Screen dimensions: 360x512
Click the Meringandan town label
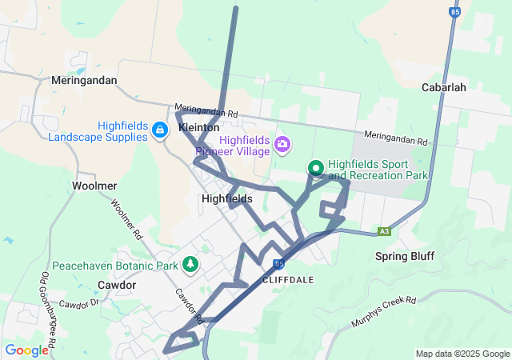(84, 81)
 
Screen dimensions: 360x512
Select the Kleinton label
(199, 128)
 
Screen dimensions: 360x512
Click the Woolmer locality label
(95, 186)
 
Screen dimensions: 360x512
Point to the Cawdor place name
(116, 285)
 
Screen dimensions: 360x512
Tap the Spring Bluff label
(405, 257)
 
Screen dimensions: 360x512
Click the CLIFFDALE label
(289, 280)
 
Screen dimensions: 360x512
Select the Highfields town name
(227, 198)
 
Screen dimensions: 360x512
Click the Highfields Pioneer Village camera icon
(282, 145)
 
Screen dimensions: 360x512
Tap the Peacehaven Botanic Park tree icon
(190, 263)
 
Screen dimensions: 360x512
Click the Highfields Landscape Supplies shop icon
(160, 130)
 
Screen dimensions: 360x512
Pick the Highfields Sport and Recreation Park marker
(316, 168)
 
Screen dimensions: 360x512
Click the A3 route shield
(385, 231)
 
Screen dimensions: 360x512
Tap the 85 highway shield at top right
(455, 13)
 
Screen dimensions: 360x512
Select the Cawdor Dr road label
(78, 305)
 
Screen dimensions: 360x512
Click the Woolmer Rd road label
(127, 220)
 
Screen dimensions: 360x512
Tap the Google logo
(26, 350)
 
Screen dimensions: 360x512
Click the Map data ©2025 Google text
(462, 354)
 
